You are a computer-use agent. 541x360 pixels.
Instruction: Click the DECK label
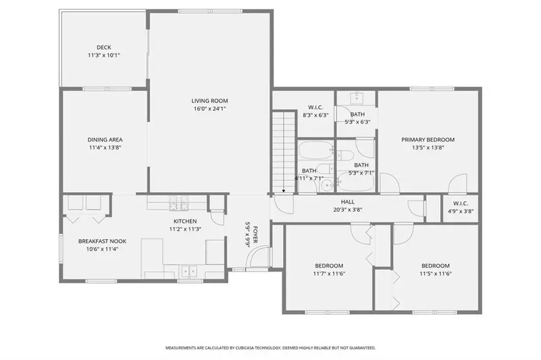pyautogui.click(x=104, y=47)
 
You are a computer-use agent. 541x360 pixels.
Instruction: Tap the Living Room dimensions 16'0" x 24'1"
pyautogui.click(x=210, y=109)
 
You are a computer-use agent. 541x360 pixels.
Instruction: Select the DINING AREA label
pyautogui.click(x=105, y=139)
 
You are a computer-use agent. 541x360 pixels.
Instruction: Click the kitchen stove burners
pyautogui.click(x=177, y=207)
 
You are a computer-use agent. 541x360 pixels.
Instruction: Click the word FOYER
pyautogui.click(x=255, y=233)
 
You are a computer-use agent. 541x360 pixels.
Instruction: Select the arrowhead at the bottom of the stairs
pyautogui.click(x=284, y=191)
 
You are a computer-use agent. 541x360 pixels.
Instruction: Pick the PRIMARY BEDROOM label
pyautogui.click(x=428, y=139)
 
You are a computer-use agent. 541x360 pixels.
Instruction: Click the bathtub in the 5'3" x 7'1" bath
pyautogui.click(x=356, y=180)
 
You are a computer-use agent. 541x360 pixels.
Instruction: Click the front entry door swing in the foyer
pyautogui.click(x=258, y=258)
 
